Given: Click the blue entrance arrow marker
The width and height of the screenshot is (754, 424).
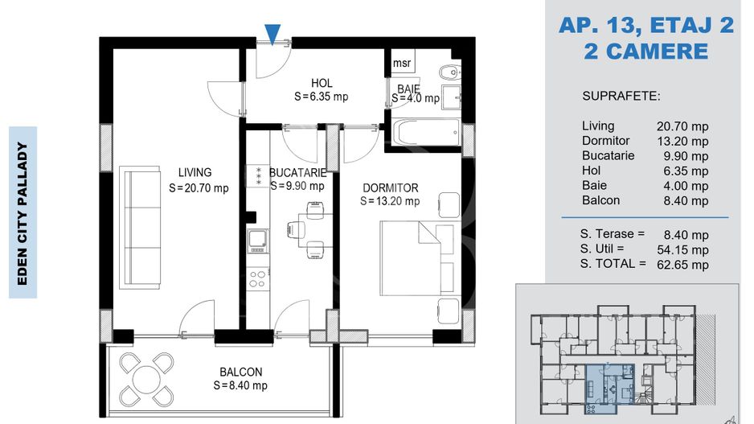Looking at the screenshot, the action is [273, 35].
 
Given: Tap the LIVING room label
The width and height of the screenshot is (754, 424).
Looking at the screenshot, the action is [195, 172].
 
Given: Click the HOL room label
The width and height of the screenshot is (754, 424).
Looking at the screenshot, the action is [322, 83].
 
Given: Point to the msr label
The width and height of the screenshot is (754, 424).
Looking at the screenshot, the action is [402, 63].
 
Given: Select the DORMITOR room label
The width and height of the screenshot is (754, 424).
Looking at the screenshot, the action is [391, 187].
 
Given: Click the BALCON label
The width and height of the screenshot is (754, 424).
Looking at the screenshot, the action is [241, 372].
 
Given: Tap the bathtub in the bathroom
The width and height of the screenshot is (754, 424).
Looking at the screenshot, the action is [427, 132].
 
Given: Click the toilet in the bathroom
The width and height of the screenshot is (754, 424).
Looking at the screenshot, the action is [449, 72].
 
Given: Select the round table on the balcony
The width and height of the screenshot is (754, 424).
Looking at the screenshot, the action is [146, 379].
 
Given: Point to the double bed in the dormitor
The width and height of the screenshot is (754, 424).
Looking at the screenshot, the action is [417, 258].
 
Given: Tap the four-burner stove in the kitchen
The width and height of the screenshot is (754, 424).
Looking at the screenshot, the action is [258, 279].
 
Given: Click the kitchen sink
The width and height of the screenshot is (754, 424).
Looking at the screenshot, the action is [258, 241].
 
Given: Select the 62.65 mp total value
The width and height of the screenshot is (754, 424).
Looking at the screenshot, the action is [682, 265].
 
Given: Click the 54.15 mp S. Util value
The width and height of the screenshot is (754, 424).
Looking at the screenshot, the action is [682, 249].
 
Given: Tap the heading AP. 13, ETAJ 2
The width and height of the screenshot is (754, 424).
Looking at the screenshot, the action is [646, 25].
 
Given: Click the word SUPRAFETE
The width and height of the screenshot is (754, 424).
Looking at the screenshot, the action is [621, 97].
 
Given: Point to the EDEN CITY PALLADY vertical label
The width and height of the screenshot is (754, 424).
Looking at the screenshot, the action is [23, 212].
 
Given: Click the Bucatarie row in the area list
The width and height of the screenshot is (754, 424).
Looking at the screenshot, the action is [645, 156].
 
